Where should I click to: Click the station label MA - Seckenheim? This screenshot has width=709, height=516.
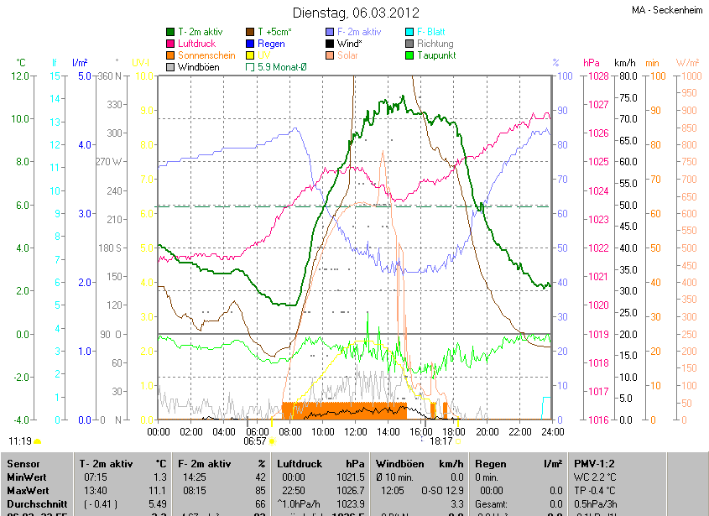(667, 10)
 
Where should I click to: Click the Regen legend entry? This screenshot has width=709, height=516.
(270, 44)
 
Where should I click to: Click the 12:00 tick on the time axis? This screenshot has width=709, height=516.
(355, 431)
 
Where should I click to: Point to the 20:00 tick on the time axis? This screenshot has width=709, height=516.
(487, 431)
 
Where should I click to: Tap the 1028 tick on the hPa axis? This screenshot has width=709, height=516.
(597, 76)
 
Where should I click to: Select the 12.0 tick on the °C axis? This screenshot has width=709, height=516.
(20, 76)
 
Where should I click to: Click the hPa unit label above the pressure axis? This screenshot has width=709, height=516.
(591, 63)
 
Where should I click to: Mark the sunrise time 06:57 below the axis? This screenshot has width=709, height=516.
(255, 440)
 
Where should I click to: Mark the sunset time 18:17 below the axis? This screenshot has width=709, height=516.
(441, 440)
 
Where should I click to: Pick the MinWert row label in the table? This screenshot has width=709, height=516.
(26, 477)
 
